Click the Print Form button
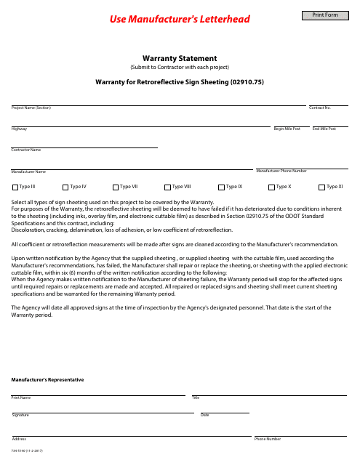coord(325,15)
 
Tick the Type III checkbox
coord(15,187)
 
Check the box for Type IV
coord(65,187)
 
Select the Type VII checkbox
coord(116,187)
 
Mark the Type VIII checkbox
coord(168,187)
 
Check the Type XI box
coord(322,187)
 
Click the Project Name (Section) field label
coord(31,108)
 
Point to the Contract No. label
coord(319,108)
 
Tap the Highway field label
coord(19,129)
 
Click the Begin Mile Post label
coord(287,129)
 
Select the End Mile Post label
coord(324,129)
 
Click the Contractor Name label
coord(25,150)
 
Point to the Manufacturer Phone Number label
coord(281,171)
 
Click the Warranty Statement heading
coord(180,59)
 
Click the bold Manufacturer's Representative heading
coord(47,380)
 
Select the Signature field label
coord(20,415)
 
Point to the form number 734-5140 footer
coord(28,452)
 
